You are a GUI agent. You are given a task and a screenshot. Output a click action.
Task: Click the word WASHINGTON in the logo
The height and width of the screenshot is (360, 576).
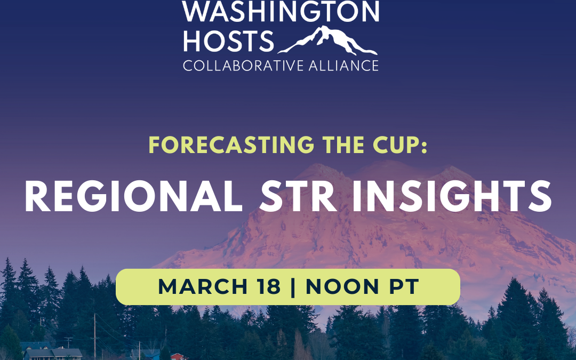point(281,11)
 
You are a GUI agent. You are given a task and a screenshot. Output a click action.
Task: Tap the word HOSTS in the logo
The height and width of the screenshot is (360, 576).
point(229,42)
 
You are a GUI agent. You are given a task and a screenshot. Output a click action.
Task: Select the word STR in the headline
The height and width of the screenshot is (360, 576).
point(299,196)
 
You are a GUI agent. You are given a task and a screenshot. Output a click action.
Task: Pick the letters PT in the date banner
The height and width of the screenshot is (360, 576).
point(404,287)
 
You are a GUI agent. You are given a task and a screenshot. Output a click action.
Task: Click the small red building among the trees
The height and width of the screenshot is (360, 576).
point(178,356)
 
